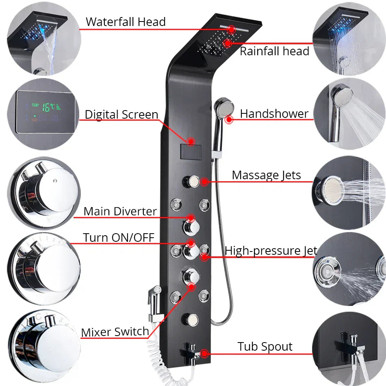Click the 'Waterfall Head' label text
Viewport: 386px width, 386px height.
[126, 22]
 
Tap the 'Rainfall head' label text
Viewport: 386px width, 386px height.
[274, 51]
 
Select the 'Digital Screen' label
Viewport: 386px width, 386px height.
[121, 115]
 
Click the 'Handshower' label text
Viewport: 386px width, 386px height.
[274, 114]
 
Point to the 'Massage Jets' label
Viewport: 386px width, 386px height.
[266, 175]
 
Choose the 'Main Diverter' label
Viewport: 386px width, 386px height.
[120, 211]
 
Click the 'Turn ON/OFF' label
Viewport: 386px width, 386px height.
[119, 237]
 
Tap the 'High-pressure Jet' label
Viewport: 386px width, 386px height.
[271, 251]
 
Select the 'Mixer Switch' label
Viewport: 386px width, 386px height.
[115, 332]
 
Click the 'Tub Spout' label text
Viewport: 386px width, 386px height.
[265, 347]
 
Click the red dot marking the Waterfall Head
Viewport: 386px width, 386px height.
[232, 29]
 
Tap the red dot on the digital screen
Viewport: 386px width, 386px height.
[190, 141]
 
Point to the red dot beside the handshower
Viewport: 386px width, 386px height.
[230, 119]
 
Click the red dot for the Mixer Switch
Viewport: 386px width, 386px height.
[190, 287]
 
